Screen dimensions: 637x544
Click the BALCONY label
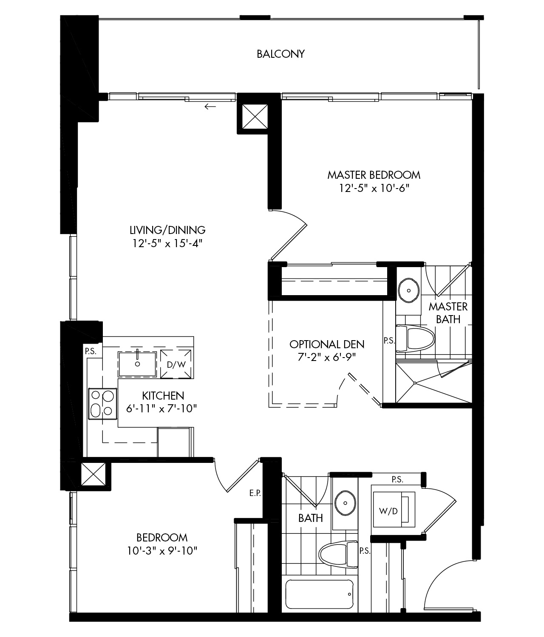pyautogui.click(x=280, y=54)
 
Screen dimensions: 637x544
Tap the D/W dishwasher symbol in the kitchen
pyautogui.click(x=176, y=364)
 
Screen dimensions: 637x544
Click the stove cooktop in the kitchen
pyautogui.click(x=102, y=403)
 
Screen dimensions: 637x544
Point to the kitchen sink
pyautogui.click(x=137, y=364)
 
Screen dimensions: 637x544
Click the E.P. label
pyautogui.click(x=255, y=493)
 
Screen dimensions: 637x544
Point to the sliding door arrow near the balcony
pyautogui.click(x=210, y=107)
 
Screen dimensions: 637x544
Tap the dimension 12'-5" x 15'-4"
pyautogui.click(x=167, y=243)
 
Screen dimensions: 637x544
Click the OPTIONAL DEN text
pyautogui.click(x=327, y=344)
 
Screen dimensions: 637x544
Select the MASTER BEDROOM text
pyautogui.click(x=374, y=175)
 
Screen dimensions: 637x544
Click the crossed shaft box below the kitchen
pyautogui.click(x=93, y=474)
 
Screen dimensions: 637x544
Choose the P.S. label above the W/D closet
pyautogui.click(x=397, y=479)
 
